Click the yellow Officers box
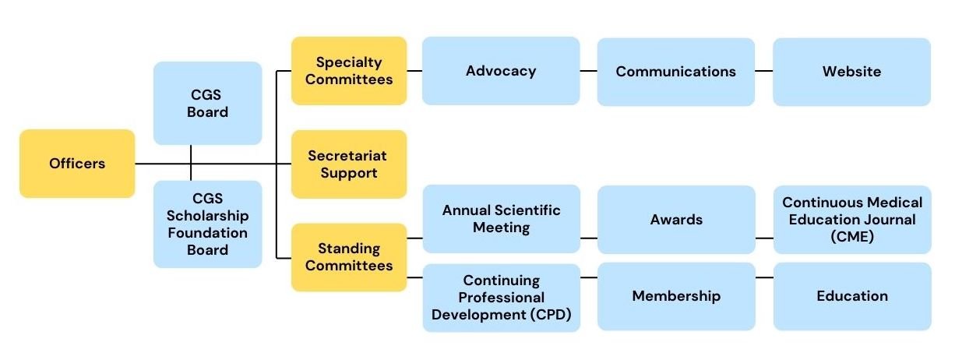pyautogui.click(x=77, y=164)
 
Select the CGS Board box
pyautogui.click(x=207, y=103)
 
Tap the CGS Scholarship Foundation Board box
pyautogui.click(x=207, y=224)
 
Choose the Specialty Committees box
pyautogui.click(x=349, y=71)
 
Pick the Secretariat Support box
pyautogui.click(x=349, y=164)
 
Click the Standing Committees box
pyautogui.click(x=349, y=257)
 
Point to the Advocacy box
pyautogui.click(x=501, y=71)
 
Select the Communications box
pyautogui.click(x=675, y=72)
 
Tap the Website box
pyautogui.click(x=851, y=72)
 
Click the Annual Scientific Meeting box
pyautogui.click(x=501, y=219)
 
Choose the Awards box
pyautogui.click(x=675, y=220)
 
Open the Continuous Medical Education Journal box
pyautogui.click(x=852, y=220)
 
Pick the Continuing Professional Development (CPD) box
pyautogui.click(x=501, y=298)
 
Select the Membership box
pyautogui.click(x=675, y=296)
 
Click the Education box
pyautogui.click(x=852, y=296)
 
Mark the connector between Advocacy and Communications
pyautogui.click(x=588, y=71)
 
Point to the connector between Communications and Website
pyautogui.click(x=763, y=71)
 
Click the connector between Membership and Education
pyautogui.click(x=764, y=277)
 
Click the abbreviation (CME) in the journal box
pyautogui.click(x=852, y=236)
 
